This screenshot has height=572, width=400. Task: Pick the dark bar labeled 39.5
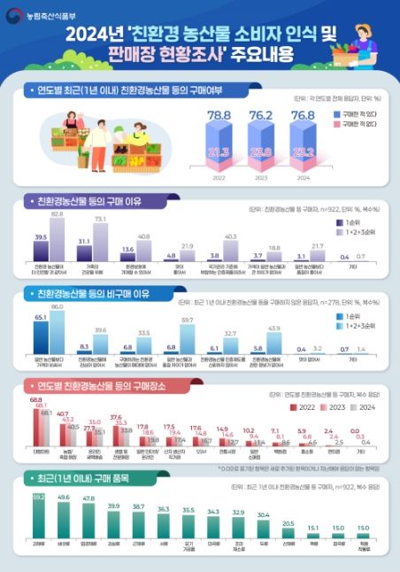coord(41,251)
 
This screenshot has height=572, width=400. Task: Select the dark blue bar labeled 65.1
coord(41,336)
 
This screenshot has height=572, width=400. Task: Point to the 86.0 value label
coord(58,306)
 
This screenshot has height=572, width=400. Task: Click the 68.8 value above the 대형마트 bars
coord(36,400)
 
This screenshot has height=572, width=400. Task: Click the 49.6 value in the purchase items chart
coord(65,498)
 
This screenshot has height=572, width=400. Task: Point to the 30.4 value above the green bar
coord(264,514)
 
